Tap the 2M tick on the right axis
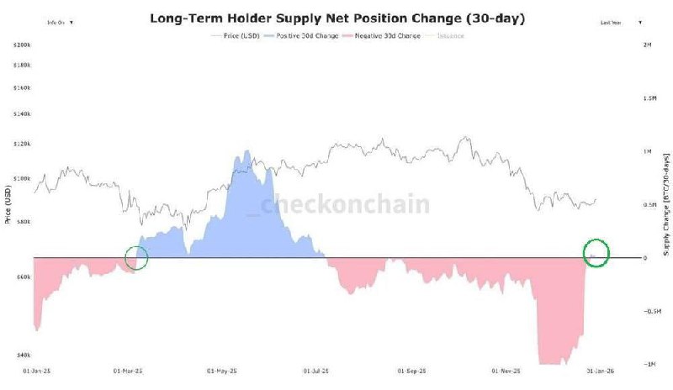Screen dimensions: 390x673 648,43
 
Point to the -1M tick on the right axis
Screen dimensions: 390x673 649,364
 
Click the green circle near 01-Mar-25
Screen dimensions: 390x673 136,258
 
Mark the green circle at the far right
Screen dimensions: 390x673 596,253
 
